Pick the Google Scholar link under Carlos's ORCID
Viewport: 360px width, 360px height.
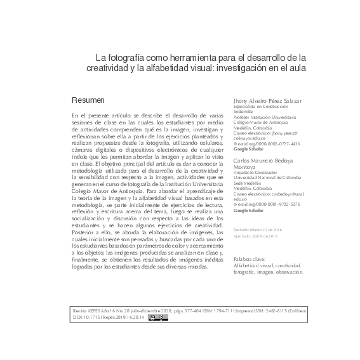pos(250,210)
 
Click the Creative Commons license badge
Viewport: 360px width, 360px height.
pos(158,317)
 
